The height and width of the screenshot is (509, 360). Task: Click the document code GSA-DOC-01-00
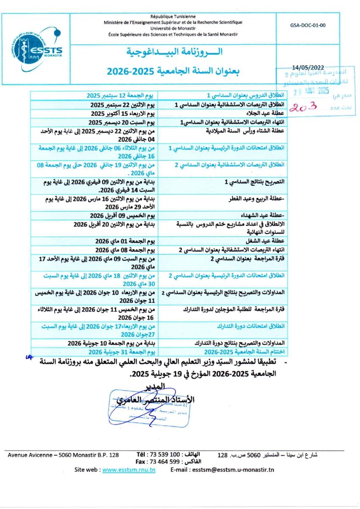(x=308, y=25)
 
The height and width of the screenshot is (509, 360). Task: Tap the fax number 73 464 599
(x=167, y=461)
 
